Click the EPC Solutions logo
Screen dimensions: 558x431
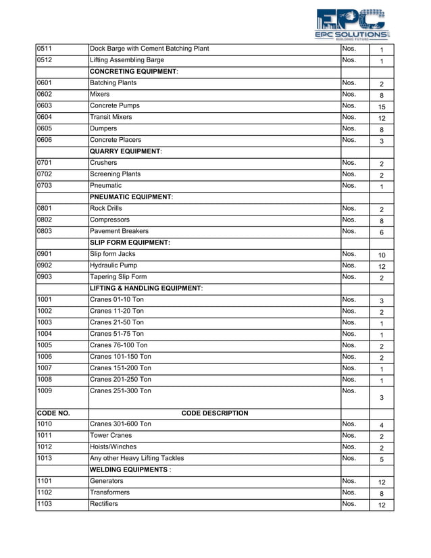point(351,24)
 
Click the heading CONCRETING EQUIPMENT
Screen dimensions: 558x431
point(134,72)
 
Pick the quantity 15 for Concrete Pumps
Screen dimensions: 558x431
point(381,107)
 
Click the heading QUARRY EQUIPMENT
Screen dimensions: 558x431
point(126,151)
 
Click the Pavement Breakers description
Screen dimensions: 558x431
point(119,231)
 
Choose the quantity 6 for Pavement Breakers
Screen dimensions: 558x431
point(381,232)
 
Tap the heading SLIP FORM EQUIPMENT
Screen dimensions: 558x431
point(130,243)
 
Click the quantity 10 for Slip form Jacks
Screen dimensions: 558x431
point(381,255)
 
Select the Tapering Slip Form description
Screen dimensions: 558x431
point(118,277)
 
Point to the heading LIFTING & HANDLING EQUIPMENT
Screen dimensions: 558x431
point(147,288)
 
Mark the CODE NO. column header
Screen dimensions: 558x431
point(53,413)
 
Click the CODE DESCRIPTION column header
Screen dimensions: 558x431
point(215,413)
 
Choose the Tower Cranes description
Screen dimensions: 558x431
point(111,436)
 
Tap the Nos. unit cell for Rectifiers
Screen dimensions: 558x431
point(349,504)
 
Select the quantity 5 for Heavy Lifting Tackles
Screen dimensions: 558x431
point(381,459)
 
